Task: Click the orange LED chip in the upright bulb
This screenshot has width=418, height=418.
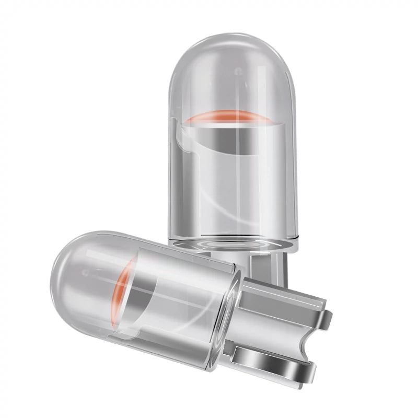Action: click(230, 117)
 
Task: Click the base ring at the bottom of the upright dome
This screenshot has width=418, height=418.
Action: click(233, 243)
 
